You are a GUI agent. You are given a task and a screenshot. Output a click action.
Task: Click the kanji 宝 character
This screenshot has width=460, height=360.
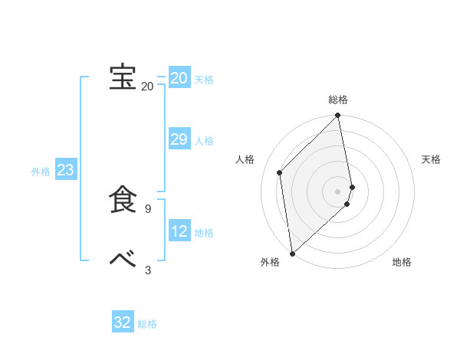coord(122,77)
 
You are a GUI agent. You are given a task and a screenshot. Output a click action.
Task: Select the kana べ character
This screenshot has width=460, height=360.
coord(122,259)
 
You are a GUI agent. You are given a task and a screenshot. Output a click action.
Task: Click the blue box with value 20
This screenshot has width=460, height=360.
coord(179,78)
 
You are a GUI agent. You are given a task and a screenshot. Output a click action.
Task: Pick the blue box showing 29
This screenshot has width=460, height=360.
coord(179,139)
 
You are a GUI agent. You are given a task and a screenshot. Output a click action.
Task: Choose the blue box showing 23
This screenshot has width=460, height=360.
coord(65,170)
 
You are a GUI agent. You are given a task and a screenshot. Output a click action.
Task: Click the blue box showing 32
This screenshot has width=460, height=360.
coord(122,322)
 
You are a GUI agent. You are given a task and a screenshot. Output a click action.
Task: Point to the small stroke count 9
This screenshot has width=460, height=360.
coord(147,208)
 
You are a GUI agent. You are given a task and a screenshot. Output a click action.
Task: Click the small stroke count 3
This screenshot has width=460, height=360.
coord(147,269)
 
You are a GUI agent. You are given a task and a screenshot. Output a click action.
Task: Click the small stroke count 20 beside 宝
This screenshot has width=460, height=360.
coord(147,87)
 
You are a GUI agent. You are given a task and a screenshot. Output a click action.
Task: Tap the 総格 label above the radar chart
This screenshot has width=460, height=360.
coord(338,100)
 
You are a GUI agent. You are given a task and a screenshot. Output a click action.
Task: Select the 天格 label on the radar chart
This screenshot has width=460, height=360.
coord(431,159)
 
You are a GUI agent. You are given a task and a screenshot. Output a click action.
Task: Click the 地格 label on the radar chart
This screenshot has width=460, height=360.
coord(402,262)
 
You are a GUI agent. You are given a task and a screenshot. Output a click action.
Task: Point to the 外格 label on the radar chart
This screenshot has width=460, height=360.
coord(270,262)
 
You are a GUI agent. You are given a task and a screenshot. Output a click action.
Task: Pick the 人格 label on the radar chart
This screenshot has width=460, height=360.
coord(245,159)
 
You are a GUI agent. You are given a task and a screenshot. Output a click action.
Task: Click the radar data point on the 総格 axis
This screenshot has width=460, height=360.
coord(338,116)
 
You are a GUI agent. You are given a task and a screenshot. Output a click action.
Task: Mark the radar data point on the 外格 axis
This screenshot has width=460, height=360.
coord(292,254)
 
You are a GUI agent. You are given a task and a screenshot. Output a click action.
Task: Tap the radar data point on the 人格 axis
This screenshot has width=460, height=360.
coord(280,172)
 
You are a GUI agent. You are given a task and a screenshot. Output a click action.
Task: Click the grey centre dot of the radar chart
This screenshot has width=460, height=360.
coord(338,191)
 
